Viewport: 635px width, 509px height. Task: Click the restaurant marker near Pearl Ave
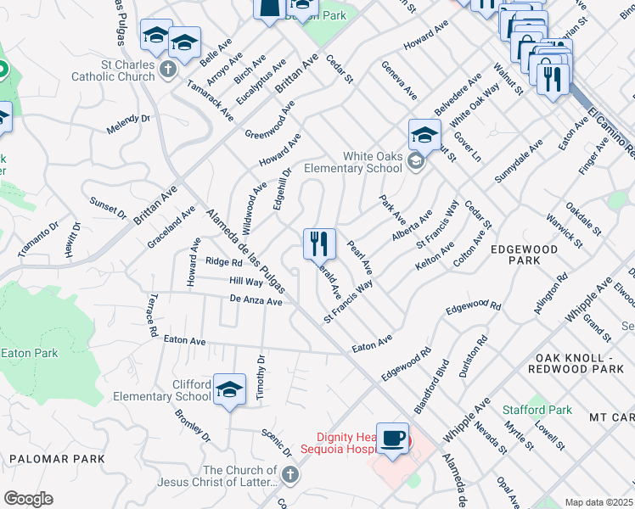coord(319,244)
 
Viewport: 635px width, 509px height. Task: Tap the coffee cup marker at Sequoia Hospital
coord(392,439)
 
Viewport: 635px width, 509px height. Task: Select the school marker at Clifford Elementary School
coord(229,389)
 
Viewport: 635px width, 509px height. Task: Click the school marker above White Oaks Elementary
coord(424,135)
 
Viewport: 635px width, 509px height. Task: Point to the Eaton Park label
coord(29,352)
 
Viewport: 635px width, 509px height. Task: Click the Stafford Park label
coord(537,410)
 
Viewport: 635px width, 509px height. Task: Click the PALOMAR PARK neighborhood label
coord(56,459)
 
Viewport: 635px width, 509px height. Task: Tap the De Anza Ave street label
coord(256,300)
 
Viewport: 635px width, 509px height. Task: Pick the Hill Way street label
coord(245,281)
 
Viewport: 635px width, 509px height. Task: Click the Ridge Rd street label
coord(224,262)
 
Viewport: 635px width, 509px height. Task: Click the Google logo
coord(28,499)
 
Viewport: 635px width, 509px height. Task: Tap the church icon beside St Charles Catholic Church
coord(169,69)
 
